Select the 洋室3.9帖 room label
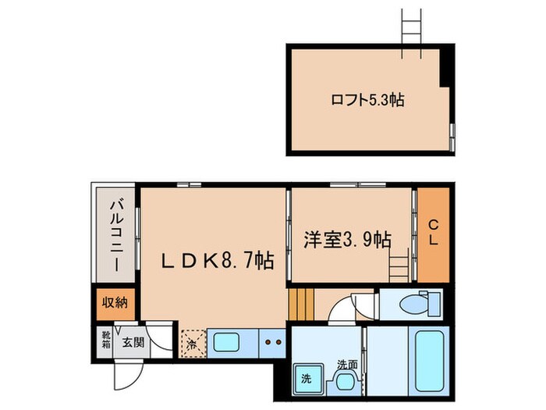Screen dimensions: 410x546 (x=347, y=240)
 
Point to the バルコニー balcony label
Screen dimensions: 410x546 (x=115, y=235)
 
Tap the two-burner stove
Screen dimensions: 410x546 (x=271, y=342)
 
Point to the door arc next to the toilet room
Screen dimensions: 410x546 (x=344, y=311)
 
